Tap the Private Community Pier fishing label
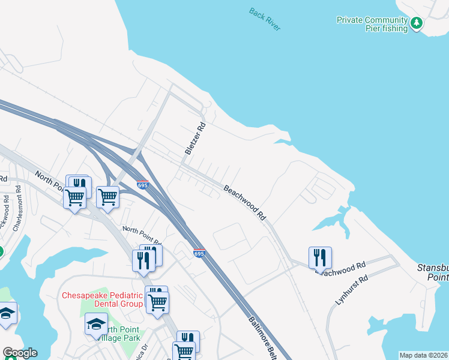[372, 24]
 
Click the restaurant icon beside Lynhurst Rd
[320, 257]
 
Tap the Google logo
[20, 353]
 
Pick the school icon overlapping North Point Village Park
[96, 324]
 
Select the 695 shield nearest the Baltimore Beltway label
[200, 254]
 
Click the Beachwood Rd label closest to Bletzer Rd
[244, 201]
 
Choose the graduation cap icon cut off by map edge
[7, 313]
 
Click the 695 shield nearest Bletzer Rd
[143, 184]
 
